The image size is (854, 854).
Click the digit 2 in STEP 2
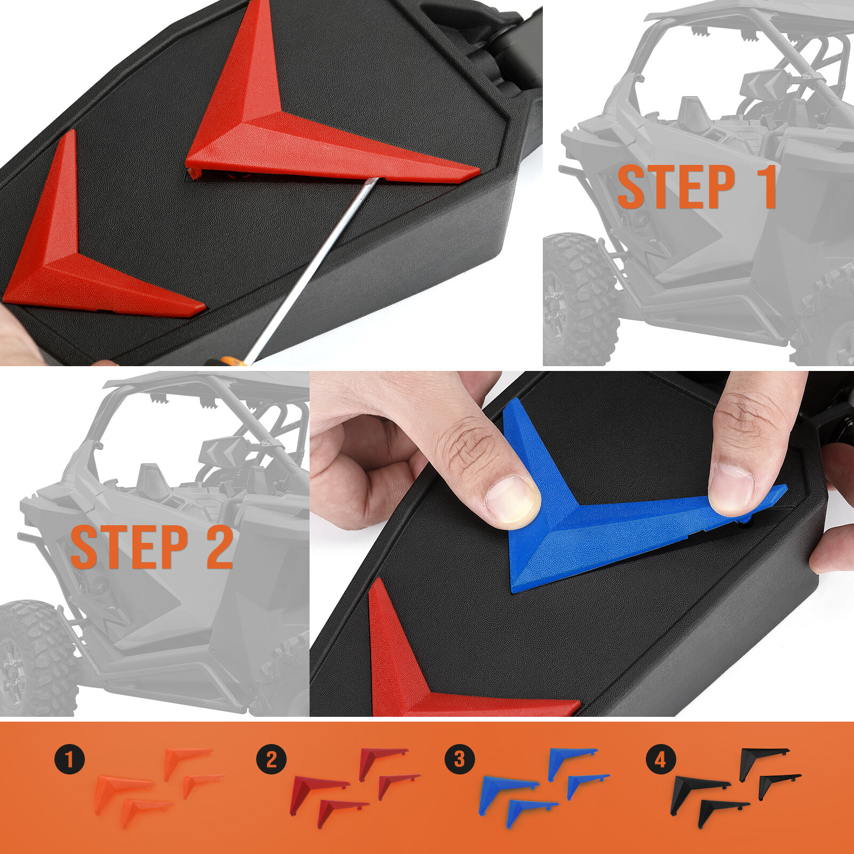tap(219, 547)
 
